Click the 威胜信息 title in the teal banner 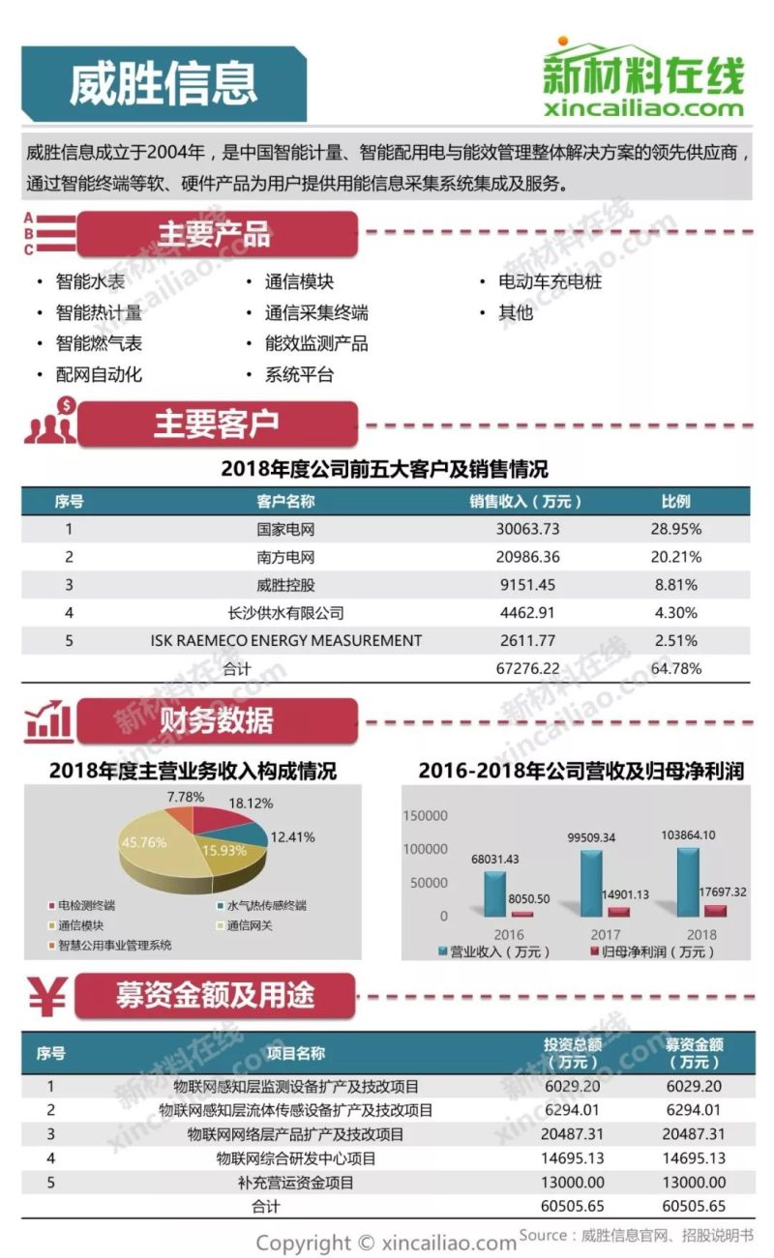point(163,84)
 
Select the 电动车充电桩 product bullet point(549,282)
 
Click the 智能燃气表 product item point(99,343)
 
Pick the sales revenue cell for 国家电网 point(525,529)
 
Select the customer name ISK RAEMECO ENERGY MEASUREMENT point(285,640)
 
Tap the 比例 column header point(675,501)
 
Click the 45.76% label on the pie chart point(144,842)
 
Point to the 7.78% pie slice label point(186,798)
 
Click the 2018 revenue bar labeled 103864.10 point(688,880)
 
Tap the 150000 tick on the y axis point(426,815)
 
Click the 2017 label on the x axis point(604,934)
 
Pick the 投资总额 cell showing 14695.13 point(574,1157)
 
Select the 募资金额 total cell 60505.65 point(695,1206)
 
